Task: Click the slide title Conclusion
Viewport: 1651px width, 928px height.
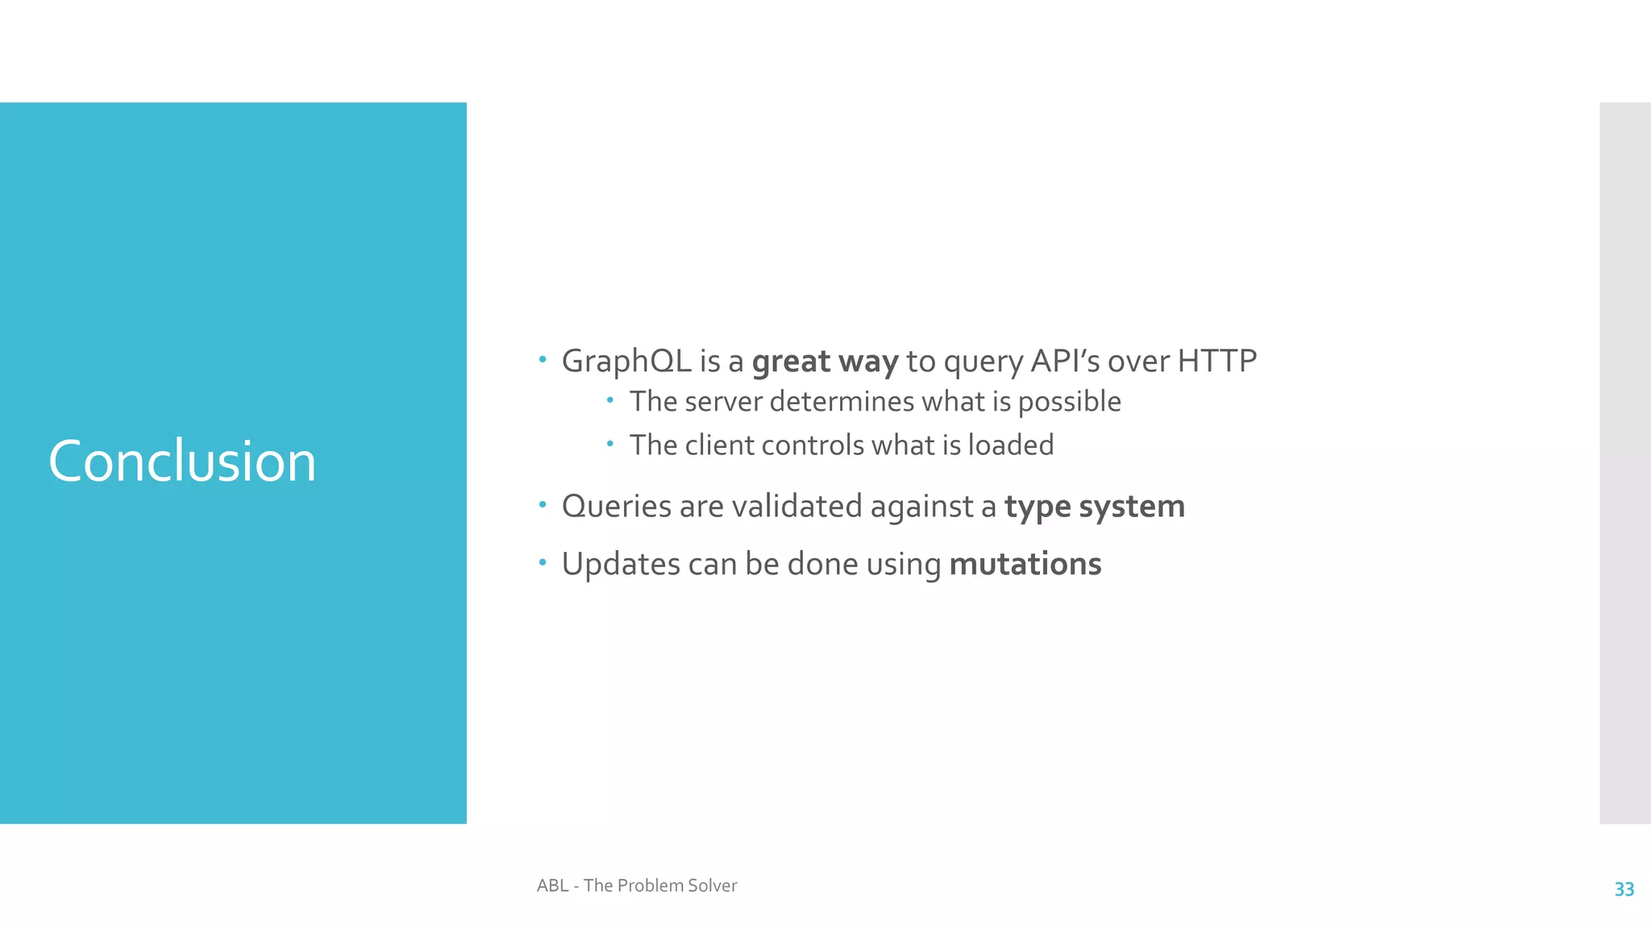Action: pyautogui.click(x=182, y=462)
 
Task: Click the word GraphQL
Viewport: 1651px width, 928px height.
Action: pyautogui.click(x=626, y=362)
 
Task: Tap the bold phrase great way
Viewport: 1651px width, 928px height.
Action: pyautogui.click(x=825, y=362)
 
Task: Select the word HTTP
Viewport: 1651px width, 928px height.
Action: pyautogui.click(x=1216, y=361)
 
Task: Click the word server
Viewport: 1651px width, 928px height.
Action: pyautogui.click(x=723, y=402)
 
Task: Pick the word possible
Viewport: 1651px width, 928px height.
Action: pyautogui.click(x=1069, y=402)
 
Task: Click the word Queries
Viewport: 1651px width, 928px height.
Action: pyautogui.click(x=617, y=507)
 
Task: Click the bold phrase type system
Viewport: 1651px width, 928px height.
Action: pyautogui.click(x=1094, y=507)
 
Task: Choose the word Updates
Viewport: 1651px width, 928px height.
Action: pyautogui.click(x=621, y=565)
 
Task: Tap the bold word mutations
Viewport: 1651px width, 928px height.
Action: pyautogui.click(x=1025, y=565)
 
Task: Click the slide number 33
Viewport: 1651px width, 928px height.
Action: pyautogui.click(x=1624, y=889)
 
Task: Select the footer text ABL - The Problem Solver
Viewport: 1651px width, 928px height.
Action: pyautogui.click(x=637, y=886)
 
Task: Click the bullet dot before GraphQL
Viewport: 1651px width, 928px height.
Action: pyautogui.click(x=543, y=359)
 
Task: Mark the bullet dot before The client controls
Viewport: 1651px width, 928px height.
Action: pyautogui.click(x=611, y=443)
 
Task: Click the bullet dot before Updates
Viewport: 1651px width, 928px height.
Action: pyautogui.click(x=543, y=562)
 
